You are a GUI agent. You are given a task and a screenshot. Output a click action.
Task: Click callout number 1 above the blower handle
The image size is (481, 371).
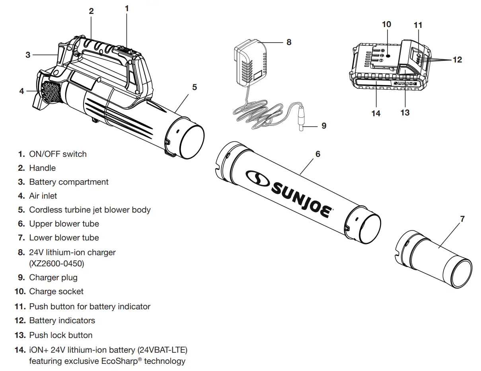pyautogui.click(x=127, y=8)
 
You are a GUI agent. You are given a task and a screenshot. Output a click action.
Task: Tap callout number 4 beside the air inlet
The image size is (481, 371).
pyautogui.click(x=21, y=91)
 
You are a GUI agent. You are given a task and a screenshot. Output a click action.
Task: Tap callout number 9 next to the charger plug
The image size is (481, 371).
pyautogui.click(x=323, y=126)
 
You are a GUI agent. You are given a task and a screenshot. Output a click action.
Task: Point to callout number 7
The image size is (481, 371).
pyautogui.click(x=462, y=219)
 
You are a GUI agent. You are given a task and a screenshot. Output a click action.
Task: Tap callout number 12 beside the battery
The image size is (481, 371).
pyautogui.click(x=457, y=60)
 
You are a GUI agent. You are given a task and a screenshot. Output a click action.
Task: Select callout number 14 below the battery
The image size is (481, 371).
pyautogui.click(x=376, y=113)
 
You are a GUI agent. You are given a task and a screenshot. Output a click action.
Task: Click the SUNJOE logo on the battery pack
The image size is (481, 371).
pyautogui.click(x=405, y=84)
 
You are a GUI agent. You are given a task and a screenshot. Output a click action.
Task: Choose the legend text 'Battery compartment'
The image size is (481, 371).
pyautogui.click(x=68, y=182)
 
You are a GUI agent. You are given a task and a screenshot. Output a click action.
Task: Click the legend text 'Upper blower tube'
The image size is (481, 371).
pyautogui.click(x=64, y=224)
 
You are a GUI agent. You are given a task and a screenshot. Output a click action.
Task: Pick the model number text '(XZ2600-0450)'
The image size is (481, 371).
pyautogui.click(x=56, y=264)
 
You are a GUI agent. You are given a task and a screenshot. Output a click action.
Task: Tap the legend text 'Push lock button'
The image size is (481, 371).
pyautogui.click(x=60, y=335)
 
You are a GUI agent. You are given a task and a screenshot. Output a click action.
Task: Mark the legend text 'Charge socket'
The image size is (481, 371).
pyautogui.click(x=56, y=291)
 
